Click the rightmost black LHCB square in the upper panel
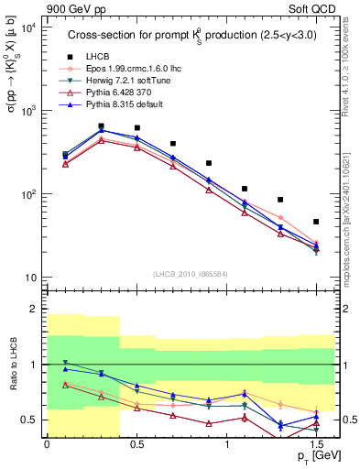[x=316, y=222]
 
